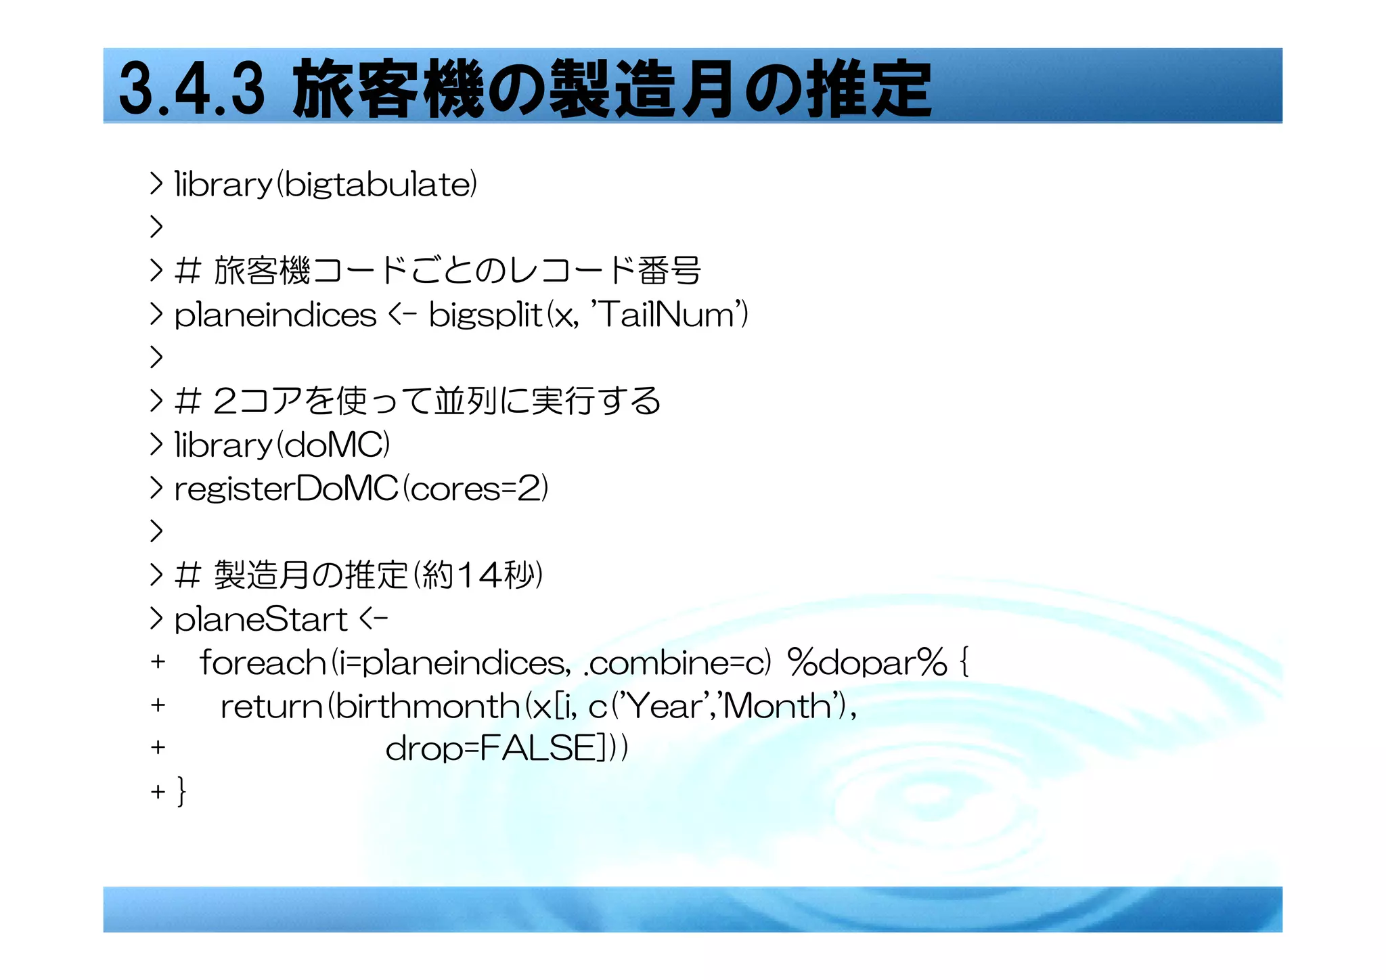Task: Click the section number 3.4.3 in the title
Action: click(x=192, y=88)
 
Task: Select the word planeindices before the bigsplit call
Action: click(x=275, y=315)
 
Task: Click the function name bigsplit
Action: click(x=485, y=315)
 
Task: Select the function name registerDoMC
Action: click(x=286, y=489)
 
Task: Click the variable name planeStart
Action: click(x=261, y=620)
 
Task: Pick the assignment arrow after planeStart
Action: click(x=374, y=619)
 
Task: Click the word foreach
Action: click(x=263, y=663)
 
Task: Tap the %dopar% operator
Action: click(x=867, y=663)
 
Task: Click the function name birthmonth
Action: click(x=427, y=707)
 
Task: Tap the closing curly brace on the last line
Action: click(x=181, y=790)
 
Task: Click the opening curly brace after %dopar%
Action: click(x=964, y=663)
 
